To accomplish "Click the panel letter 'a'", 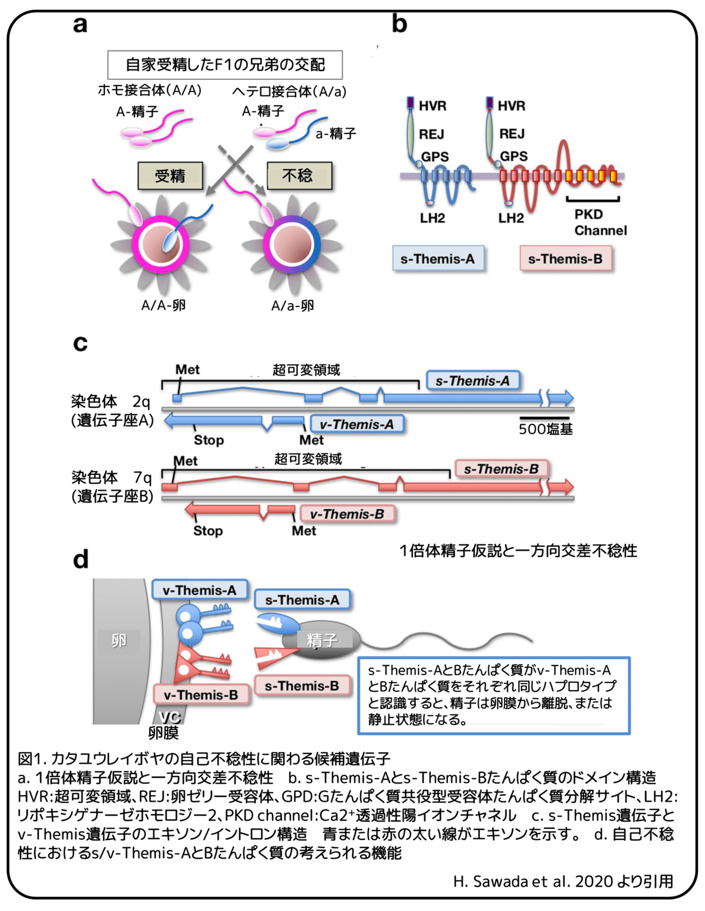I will click(80, 25).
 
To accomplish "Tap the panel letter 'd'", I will click(80, 559).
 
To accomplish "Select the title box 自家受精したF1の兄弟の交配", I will click(225, 65).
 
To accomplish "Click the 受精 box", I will click(170, 176).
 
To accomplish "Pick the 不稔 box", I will click(299, 176).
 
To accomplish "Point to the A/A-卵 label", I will click(163, 305).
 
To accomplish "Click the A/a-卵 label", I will click(292, 306).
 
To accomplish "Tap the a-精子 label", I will click(335, 134).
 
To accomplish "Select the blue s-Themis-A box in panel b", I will click(438, 259).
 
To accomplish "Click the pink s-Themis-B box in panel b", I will click(565, 259).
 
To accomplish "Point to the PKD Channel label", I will click(600, 222).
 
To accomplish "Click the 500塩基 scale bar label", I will click(545, 430).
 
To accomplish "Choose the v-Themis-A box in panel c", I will click(357, 424).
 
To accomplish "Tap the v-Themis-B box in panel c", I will click(347, 514).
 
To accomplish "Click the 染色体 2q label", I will click(110, 402).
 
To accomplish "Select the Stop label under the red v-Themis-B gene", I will click(208, 531).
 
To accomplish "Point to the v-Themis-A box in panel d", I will click(199, 590).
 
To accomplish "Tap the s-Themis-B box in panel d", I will click(301, 686).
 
